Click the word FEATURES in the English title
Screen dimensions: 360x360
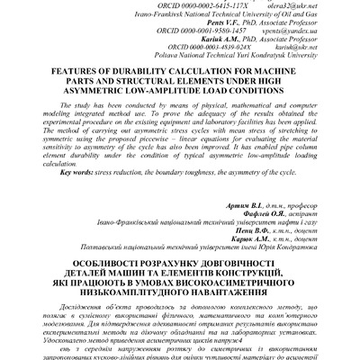[60, 69]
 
